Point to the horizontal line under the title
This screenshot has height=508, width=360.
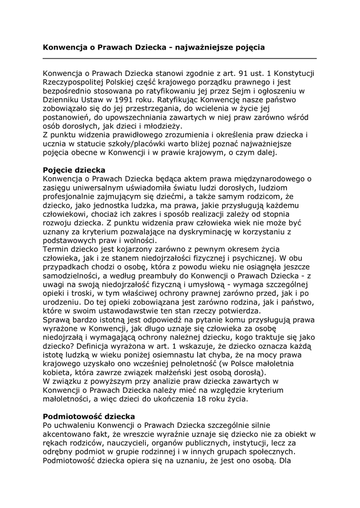[x=179, y=59]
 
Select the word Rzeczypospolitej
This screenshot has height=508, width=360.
[x=75, y=82]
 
